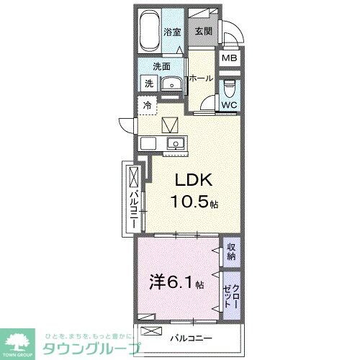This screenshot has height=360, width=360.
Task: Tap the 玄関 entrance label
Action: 201,32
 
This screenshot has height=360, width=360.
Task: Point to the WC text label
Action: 228,105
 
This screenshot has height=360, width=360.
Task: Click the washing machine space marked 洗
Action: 148,84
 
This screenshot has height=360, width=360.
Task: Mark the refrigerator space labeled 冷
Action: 147,105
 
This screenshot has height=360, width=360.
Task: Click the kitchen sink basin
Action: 175,144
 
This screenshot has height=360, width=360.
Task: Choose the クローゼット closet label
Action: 231,292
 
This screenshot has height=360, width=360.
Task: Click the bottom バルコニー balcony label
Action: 190,336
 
